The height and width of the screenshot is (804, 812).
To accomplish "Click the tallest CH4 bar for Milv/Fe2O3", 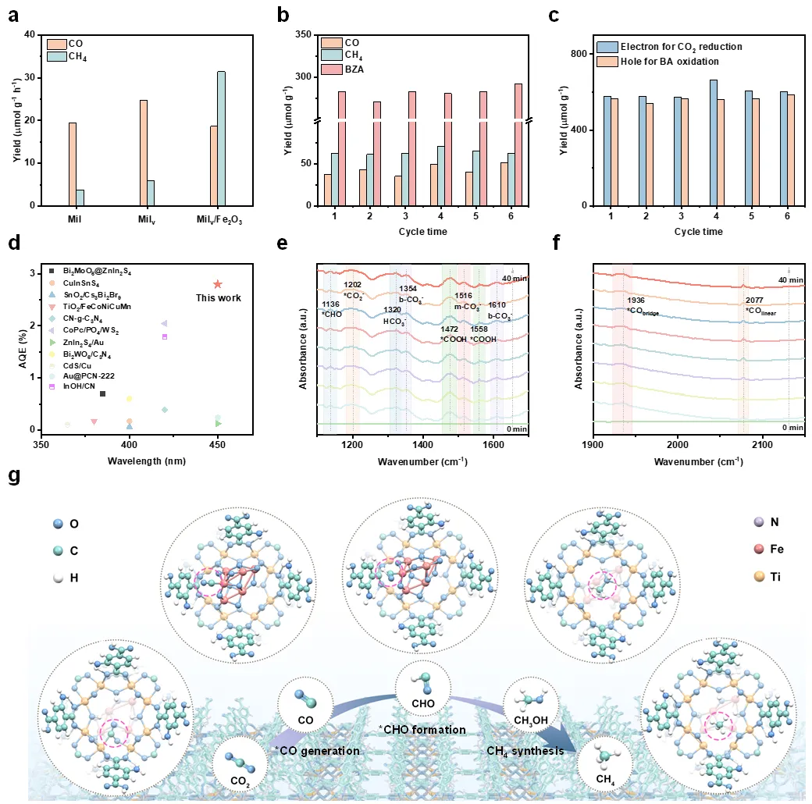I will tap(221, 138).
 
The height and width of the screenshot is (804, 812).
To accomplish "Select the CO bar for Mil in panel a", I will tap(73, 164).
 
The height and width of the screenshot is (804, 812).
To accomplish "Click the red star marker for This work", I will tap(218, 285).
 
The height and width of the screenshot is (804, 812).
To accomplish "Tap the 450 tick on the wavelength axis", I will tap(218, 445).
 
